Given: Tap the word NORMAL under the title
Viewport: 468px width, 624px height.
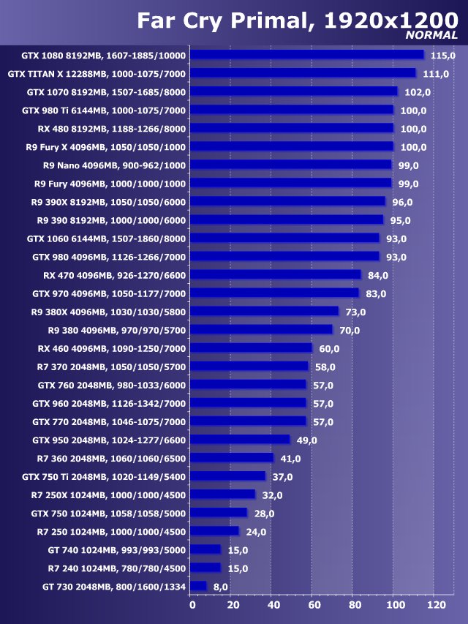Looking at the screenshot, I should pos(431,35).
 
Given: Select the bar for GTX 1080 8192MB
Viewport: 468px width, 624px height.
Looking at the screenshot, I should pos(308,55).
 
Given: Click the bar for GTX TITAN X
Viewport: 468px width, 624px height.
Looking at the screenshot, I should pos(303,73).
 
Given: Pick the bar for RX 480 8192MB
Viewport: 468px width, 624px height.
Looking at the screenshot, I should pos(292,128).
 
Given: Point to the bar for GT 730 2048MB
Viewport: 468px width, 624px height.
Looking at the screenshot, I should pos(199,586).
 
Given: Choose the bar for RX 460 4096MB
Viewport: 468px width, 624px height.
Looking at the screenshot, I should pos(252,348).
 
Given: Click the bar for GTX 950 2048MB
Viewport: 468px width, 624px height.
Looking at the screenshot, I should pos(241,440).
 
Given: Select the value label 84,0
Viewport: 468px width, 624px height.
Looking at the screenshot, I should pos(378,275).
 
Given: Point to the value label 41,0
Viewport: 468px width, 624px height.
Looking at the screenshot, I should pos(291,459).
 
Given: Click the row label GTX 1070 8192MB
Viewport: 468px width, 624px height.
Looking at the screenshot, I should pos(106,92).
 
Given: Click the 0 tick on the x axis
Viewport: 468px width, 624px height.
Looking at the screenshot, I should pos(192,605).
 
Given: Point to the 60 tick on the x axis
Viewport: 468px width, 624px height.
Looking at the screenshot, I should pos(314,605).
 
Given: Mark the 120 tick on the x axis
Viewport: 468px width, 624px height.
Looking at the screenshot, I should pos(436,605).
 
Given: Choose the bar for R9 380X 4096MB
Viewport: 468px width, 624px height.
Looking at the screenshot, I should pos(265,312).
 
